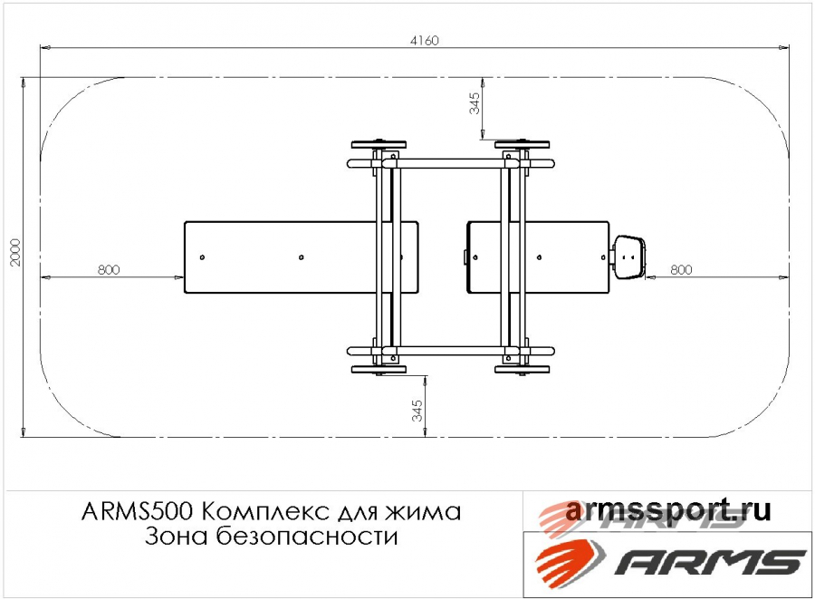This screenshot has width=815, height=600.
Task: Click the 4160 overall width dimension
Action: point(424,41)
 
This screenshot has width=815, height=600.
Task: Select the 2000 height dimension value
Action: point(15,252)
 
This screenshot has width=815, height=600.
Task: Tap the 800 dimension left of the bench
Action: point(109,269)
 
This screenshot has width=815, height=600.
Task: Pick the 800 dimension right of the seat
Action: point(681,269)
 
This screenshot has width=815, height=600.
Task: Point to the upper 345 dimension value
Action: point(475,103)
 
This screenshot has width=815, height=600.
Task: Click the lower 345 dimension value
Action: point(417,411)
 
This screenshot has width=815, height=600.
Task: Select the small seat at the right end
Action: point(629,257)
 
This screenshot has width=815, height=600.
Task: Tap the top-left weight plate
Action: point(379,144)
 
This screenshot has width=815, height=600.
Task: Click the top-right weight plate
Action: point(522,144)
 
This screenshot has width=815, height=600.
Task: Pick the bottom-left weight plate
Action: point(379,370)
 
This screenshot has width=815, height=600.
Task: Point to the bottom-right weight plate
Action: point(522,370)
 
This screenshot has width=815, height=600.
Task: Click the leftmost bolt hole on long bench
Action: point(202,257)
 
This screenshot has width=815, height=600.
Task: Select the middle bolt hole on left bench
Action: point(301,257)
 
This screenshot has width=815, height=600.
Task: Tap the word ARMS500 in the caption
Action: point(138,512)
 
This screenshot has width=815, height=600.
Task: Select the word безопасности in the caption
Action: point(307,536)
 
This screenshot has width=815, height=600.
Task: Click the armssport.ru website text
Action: point(667,510)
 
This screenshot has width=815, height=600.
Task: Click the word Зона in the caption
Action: point(177,537)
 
